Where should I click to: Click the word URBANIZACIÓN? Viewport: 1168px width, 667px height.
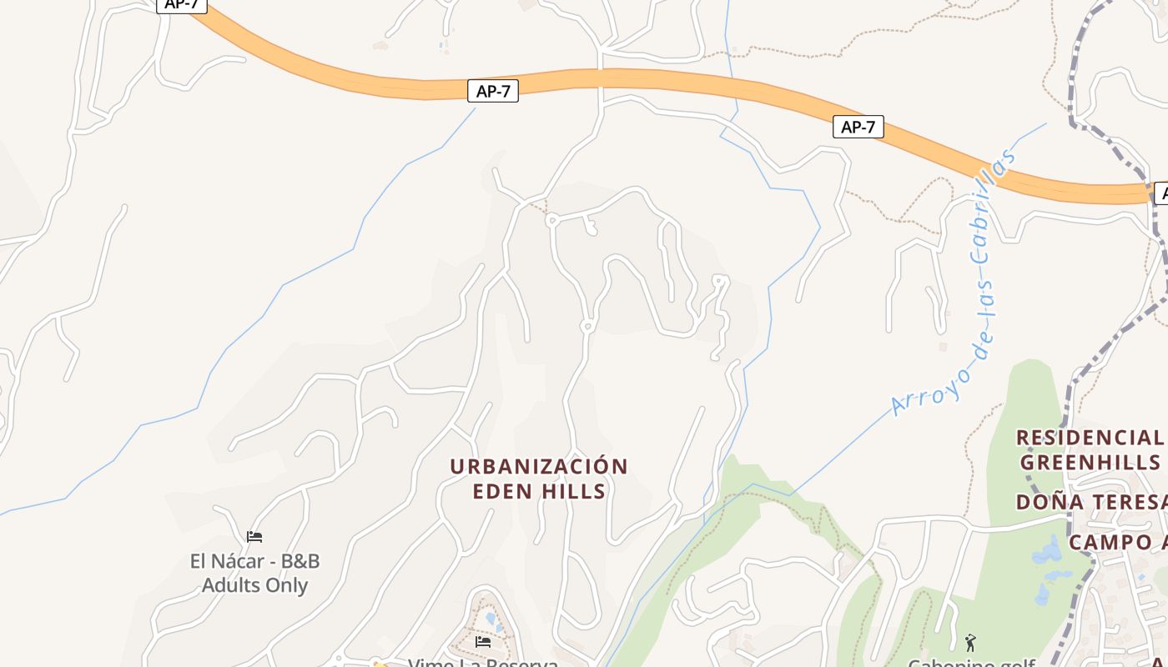click(x=538, y=466)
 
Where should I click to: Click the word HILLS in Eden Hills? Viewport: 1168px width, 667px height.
click(x=576, y=491)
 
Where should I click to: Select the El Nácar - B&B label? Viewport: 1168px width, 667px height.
click(x=254, y=561)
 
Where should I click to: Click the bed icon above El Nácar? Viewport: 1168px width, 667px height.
click(x=254, y=537)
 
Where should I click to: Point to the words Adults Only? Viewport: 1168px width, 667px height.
click(x=254, y=585)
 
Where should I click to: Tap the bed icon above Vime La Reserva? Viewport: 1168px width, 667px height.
click(x=483, y=641)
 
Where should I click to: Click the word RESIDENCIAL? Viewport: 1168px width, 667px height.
click(x=1089, y=438)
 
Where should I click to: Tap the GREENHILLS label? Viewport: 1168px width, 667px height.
click(x=1090, y=462)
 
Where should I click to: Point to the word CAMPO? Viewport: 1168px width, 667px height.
click(x=1110, y=542)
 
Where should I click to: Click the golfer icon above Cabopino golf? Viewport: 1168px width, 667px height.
click(x=970, y=643)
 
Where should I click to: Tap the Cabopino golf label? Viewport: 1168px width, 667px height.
click(x=971, y=663)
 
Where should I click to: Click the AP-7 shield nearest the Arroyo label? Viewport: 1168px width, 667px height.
click(x=858, y=127)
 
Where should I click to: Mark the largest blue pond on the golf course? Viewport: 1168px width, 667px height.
click(x=1047, y=553)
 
